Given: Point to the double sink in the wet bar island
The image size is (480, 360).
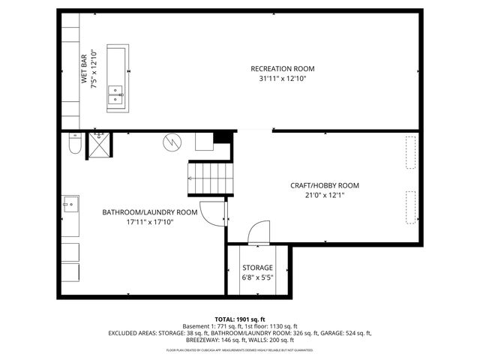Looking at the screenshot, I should (x=116, y=94).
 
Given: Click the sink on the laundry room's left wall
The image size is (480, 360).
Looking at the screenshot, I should (x=70, y=202).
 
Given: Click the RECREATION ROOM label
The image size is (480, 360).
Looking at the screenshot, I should (x=278, y=69).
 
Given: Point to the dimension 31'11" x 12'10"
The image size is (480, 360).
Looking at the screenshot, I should (x=278, y=78).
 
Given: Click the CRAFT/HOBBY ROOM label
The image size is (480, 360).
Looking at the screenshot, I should (x=325, y=185).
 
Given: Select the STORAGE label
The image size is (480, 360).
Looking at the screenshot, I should (x=257, y=268).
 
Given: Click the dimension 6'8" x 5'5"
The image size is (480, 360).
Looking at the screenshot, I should (x=257, y=277).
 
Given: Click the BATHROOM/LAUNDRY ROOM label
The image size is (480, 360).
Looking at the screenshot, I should (x=150, y=212).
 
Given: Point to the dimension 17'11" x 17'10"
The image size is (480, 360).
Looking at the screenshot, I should (x=150, y=222).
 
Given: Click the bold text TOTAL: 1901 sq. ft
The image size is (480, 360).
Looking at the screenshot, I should (x=240, y=319).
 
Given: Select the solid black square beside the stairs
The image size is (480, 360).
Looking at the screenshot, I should (x=220, y=138).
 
